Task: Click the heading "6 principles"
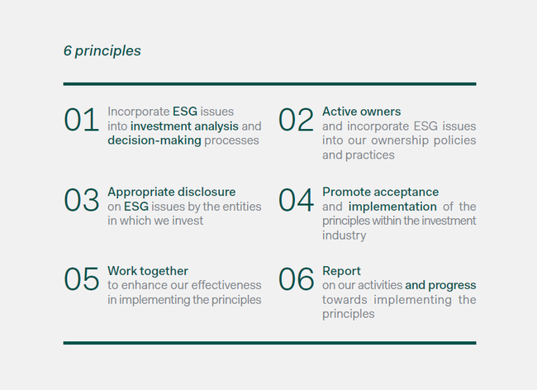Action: [102, 50]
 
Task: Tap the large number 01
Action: [82, 120]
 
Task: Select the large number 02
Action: [297, 120]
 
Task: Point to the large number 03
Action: [82, 200]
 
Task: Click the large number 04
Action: [297, 200]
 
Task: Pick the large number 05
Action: [82, 279]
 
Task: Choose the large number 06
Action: [297, 279]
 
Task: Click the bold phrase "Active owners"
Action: [361, 112]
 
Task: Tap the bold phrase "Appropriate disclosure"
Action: [172, 192]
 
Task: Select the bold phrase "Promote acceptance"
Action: [381, 192]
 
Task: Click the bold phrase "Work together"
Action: [148, 271]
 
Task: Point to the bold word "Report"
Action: [341, 271]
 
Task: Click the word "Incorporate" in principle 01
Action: [138, 112]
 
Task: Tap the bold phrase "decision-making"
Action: [154, 140]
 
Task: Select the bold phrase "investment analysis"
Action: [184, 126]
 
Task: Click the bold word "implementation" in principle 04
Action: [392, 207]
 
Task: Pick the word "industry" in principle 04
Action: [345, 235]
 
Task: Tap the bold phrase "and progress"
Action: [440, 285]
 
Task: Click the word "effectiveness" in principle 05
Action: [226, 285]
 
